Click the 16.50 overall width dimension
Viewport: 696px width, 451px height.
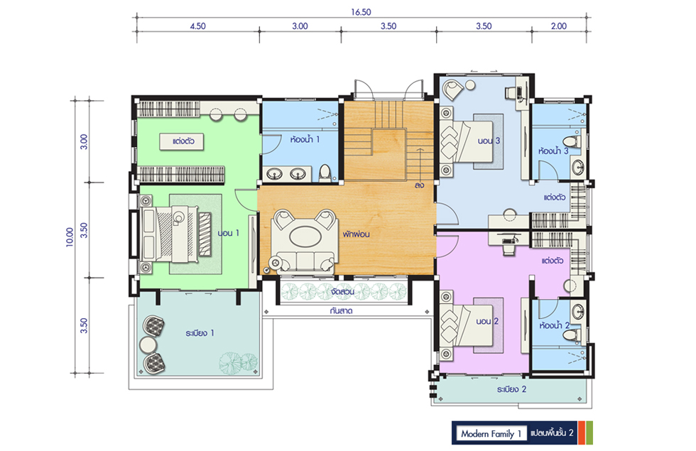coord(361,12)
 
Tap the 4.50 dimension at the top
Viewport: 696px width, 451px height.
coord(197,26)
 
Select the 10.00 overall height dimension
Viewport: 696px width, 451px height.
coord(70,237)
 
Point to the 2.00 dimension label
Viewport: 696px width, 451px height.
coord(559,26)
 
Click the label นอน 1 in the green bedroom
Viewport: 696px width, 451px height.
coord(229,233)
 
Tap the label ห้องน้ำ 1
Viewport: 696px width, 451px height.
coord(305,139)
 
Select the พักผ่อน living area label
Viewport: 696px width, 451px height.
coord(356,234)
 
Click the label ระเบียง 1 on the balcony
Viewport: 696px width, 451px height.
coord(200,333)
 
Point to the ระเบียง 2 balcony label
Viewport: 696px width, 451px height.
coord(512,389)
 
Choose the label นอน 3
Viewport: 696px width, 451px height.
coord(489,141)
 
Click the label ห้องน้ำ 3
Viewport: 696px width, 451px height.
coord(553,151)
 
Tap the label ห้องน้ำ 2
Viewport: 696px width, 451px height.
coord(555,325)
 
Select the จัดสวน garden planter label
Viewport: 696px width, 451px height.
coord(342,292)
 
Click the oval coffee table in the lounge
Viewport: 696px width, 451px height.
coord(306,235)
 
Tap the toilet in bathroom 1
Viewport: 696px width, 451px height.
coord(325,173)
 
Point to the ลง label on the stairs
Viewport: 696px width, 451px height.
coord(420,185)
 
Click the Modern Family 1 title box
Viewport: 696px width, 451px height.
coord(491,433)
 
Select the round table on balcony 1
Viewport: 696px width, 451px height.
coord(148,345)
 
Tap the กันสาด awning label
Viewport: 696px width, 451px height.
coord(342,311)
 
